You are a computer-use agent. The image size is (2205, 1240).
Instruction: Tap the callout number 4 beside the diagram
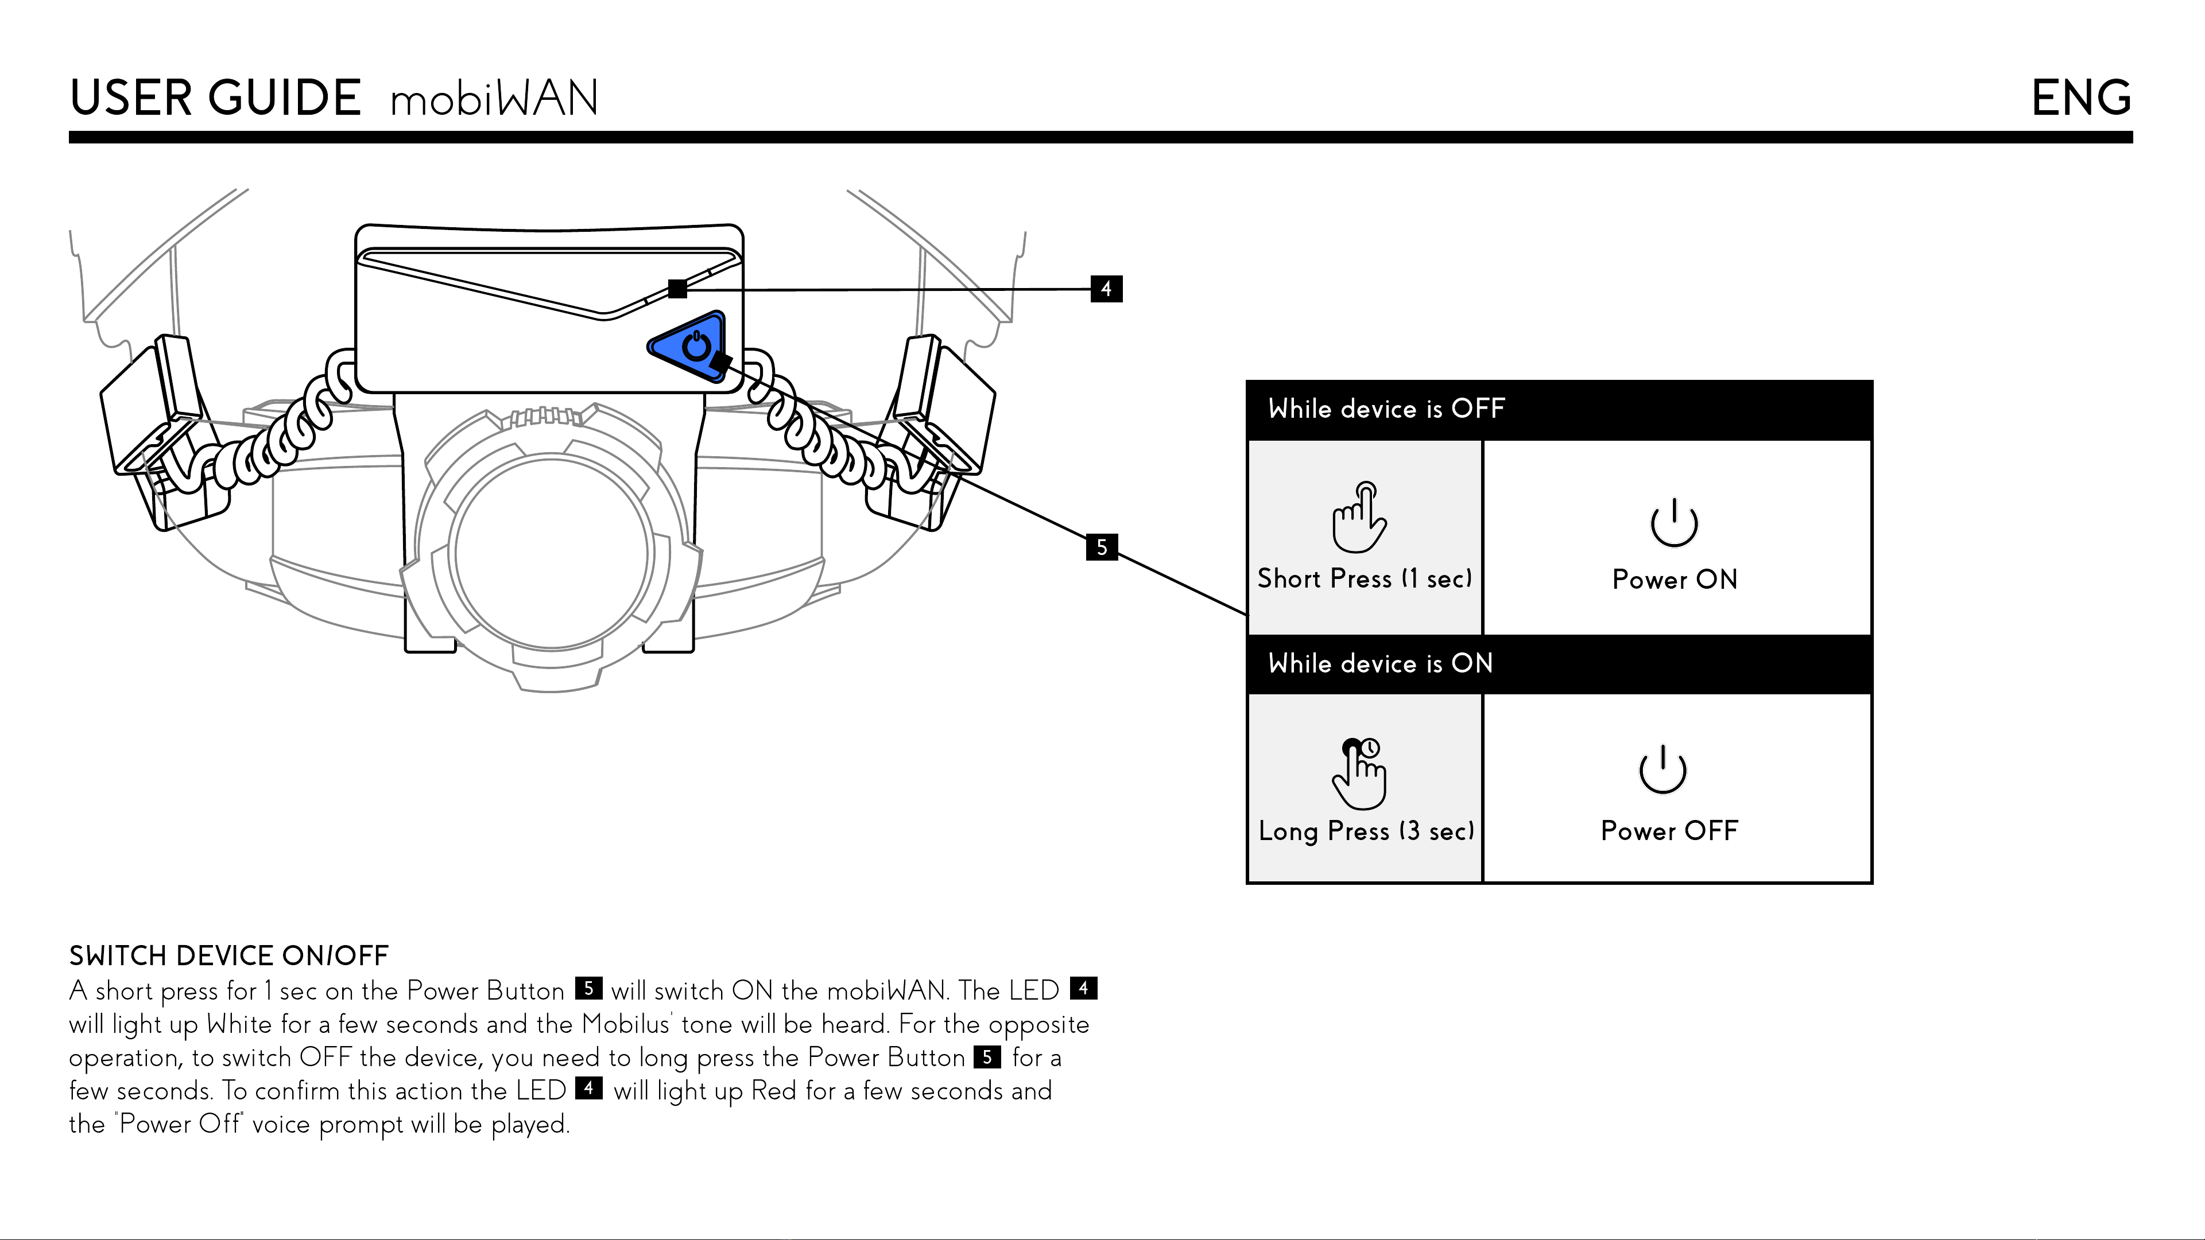[1106, 289]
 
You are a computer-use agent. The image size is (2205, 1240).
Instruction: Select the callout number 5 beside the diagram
[1102, 547]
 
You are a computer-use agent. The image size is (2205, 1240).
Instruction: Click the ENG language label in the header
[2081, 98]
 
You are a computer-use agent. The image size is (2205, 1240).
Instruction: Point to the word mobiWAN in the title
[494, 99]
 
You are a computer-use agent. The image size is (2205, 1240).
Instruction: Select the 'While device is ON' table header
[1380, 663]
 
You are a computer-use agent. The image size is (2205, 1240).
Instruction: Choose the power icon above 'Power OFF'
[1663, 769]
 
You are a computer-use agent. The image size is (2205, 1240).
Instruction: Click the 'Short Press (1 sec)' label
[1365, 578]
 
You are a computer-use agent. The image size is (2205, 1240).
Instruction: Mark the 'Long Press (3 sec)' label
[1366, 831]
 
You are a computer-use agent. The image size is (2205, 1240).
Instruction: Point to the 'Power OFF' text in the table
[1669, 830]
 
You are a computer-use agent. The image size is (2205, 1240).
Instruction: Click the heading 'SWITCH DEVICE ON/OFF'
[228, 955]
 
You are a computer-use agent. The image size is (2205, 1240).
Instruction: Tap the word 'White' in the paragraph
[239, 1024]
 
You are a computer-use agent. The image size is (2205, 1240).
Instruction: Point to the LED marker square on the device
[677, 289]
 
